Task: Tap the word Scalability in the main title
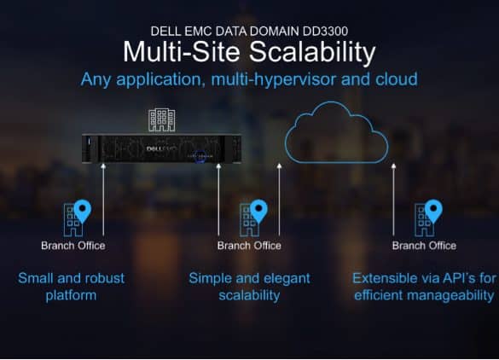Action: coord(312,51)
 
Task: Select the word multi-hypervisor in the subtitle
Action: coord(273,79)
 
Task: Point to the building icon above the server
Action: coord(162,120)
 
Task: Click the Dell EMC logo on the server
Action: coord(161,148)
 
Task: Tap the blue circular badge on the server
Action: coord(200,156)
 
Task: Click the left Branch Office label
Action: coord(73,246)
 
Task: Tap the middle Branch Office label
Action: coord(249,246)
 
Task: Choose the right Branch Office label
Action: coord(424,246)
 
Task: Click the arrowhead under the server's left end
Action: coord(103,165)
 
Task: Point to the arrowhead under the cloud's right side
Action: coord(394,165)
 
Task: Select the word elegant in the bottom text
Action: coord(287,279)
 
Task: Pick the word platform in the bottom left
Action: coord(71,296)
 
